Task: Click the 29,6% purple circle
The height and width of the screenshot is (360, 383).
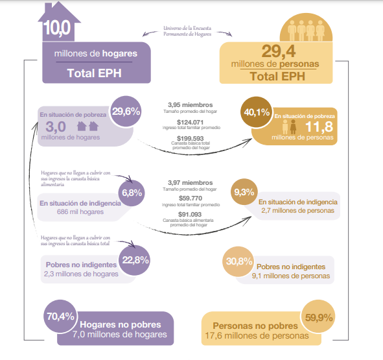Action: tap(126, 112)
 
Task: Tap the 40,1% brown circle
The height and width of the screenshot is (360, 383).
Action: tap(257, 112)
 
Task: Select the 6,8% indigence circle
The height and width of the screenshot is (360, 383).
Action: tap(132, 193)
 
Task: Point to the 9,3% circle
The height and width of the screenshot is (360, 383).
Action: tap(244, 192)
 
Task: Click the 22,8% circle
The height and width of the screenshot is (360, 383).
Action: tap(135, 260)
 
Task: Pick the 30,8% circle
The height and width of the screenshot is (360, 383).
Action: tap(238, 261)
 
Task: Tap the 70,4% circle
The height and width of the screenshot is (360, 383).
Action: tap(60, 317)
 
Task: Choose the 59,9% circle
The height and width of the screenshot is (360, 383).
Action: tap(318, 317)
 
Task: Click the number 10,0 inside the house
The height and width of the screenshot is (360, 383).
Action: tap(57, 28)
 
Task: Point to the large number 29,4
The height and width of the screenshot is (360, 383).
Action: tap(279, 51)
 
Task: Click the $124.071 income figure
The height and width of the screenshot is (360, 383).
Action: tap(190, 122)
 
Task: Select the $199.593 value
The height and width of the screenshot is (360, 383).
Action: tap(191, 138)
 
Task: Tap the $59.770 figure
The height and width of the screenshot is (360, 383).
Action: tap(191, 198)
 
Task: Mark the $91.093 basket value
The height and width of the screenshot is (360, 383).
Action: tap(190, 215)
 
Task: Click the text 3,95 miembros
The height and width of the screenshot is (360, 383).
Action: tap(191, 105)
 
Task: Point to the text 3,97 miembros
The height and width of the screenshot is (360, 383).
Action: tap(191, 183)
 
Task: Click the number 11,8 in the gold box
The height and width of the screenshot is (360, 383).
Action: tap(319, 126)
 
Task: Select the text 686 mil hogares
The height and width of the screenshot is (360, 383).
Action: tap(80, 212)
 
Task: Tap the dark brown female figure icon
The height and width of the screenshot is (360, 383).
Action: tap(293, 126)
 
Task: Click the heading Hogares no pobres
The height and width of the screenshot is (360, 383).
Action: tap(121, 324)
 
